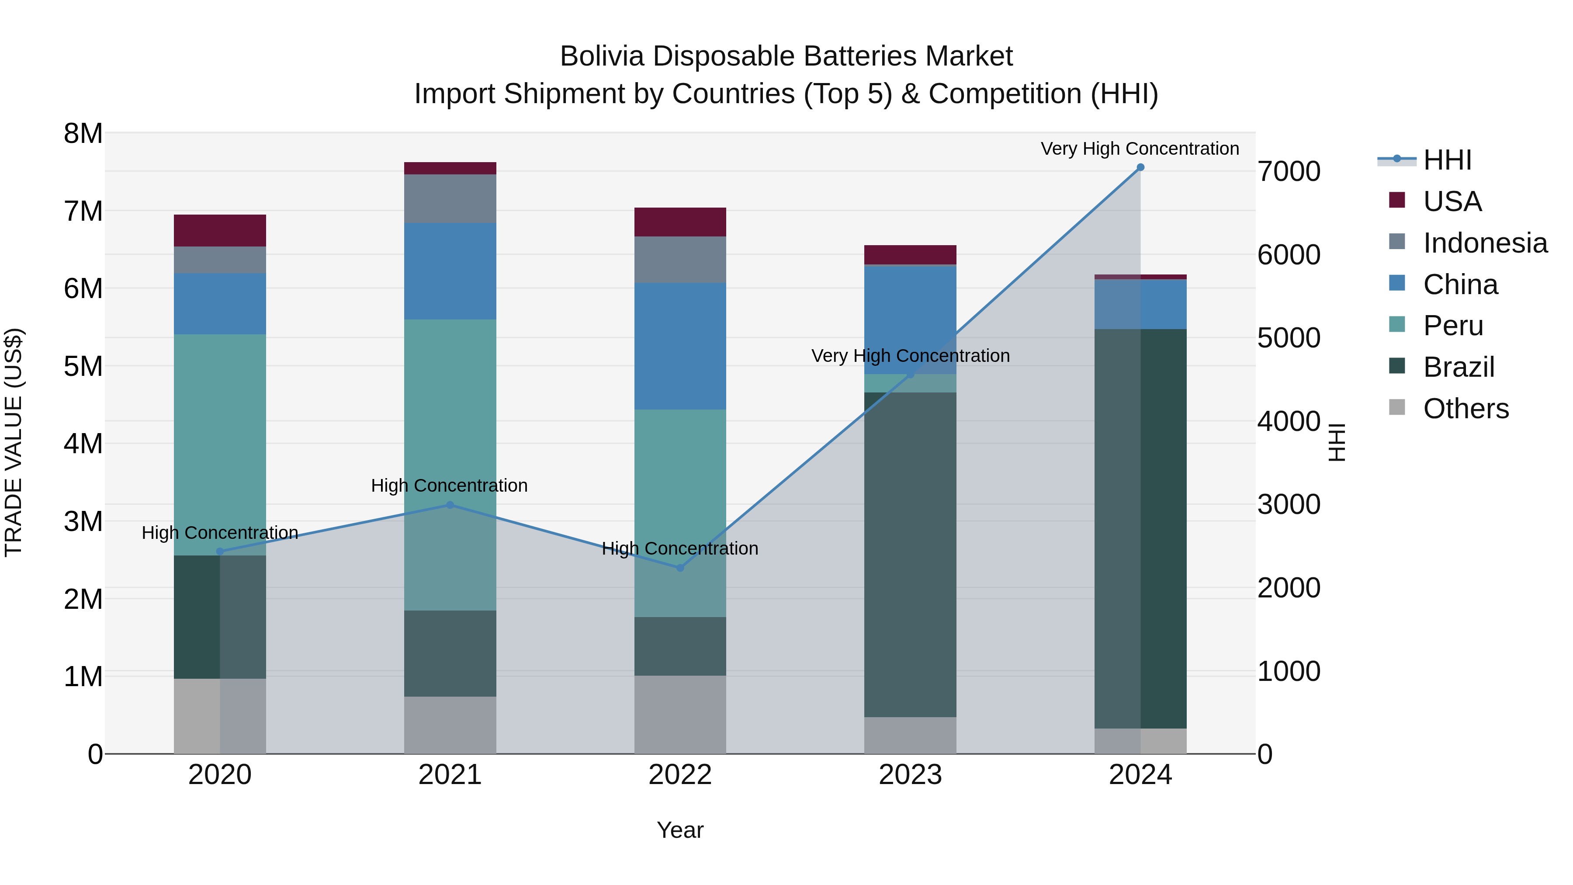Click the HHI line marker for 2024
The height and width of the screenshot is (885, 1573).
1140,167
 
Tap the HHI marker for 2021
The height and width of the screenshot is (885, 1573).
450,505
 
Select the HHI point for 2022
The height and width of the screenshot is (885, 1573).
680,568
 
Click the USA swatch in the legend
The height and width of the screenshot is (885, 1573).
1396,200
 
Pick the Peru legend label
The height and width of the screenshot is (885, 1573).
1453,326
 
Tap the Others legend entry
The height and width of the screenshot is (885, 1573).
1466,409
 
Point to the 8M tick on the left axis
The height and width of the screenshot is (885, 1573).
83,134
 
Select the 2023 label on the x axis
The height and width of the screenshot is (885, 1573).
910,775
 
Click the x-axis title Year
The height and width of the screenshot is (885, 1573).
679,830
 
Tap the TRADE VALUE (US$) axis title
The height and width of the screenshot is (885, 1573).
14,443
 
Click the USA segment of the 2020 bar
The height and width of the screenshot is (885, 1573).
220,230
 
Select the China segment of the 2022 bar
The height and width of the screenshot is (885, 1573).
680,346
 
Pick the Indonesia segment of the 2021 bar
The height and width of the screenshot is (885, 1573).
450,198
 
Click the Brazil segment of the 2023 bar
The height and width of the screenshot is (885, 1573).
910,555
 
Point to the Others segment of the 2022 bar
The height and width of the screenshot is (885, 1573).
680,715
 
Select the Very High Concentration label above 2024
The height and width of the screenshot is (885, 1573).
1140,149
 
